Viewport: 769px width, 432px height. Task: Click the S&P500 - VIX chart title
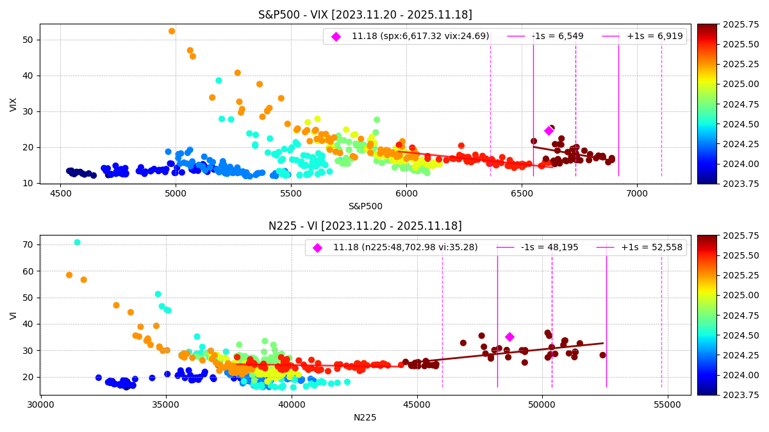[365, 15]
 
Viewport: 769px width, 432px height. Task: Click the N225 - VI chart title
[365, 226]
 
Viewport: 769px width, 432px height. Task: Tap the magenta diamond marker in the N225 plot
[509, 337]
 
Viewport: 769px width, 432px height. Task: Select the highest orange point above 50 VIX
[172, 31]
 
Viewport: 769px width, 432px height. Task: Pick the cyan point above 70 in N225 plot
[78, 243]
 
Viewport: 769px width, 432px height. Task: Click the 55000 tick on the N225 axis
[668, 404]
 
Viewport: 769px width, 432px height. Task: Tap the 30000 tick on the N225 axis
[41, 404]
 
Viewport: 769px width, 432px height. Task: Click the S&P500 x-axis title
[365, 206]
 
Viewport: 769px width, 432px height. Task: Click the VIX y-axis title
[13, 104]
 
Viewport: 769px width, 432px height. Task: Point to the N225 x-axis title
[365, 417]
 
